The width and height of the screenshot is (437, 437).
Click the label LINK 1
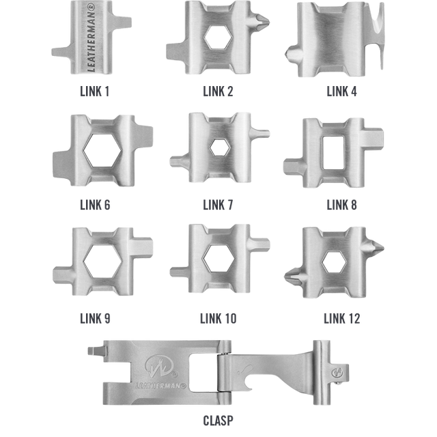pyautogui.click(x=94, y=91)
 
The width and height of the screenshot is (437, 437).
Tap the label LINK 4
pyautogui.click(x=341, y=91)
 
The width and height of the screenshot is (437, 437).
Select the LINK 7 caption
pyautogui.click(x=218, y=205)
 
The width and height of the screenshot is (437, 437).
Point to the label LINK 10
pyautogui.click(x=218, y=319)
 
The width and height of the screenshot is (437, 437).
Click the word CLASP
pyautogui.click(x=218, y=421)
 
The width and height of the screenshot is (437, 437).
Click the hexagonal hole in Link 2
pyautogui.click(x=218, y=38)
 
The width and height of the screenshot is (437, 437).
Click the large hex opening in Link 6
pyautogui.click(x=102, y=150)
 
